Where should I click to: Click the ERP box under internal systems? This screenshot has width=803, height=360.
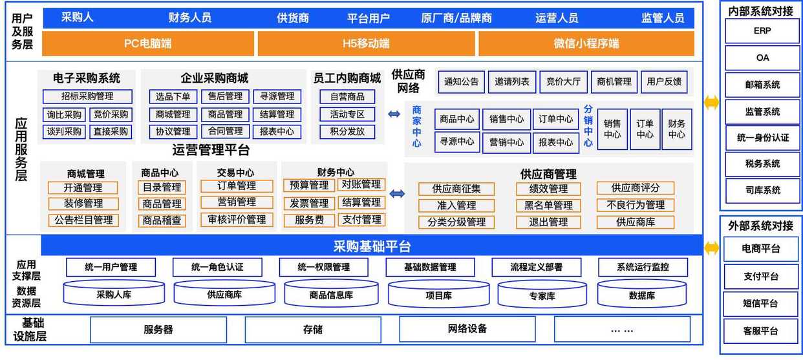762,31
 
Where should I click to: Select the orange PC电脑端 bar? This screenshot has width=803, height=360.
148,44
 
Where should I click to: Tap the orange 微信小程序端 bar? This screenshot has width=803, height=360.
586,44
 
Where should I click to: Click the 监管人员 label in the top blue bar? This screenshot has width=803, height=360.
663,18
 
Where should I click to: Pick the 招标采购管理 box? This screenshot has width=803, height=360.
87,96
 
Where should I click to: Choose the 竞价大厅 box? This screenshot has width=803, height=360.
563,82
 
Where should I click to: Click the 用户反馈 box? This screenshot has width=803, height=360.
664,82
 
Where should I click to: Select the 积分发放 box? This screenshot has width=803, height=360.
347,132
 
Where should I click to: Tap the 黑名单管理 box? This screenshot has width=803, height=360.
548,206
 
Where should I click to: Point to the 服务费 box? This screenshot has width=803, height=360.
310,220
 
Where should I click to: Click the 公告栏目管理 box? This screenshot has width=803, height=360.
83,220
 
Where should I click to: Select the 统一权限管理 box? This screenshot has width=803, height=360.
324,267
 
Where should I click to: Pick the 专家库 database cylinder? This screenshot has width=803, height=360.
542,295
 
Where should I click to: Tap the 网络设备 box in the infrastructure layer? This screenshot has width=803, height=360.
467,329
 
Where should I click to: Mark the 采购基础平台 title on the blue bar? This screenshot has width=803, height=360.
372,246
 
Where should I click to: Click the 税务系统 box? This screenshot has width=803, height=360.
763,164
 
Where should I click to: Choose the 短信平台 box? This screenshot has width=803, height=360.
761,304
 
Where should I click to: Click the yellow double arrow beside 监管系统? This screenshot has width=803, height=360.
712,103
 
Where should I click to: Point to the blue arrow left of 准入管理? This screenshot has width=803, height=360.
397,194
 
